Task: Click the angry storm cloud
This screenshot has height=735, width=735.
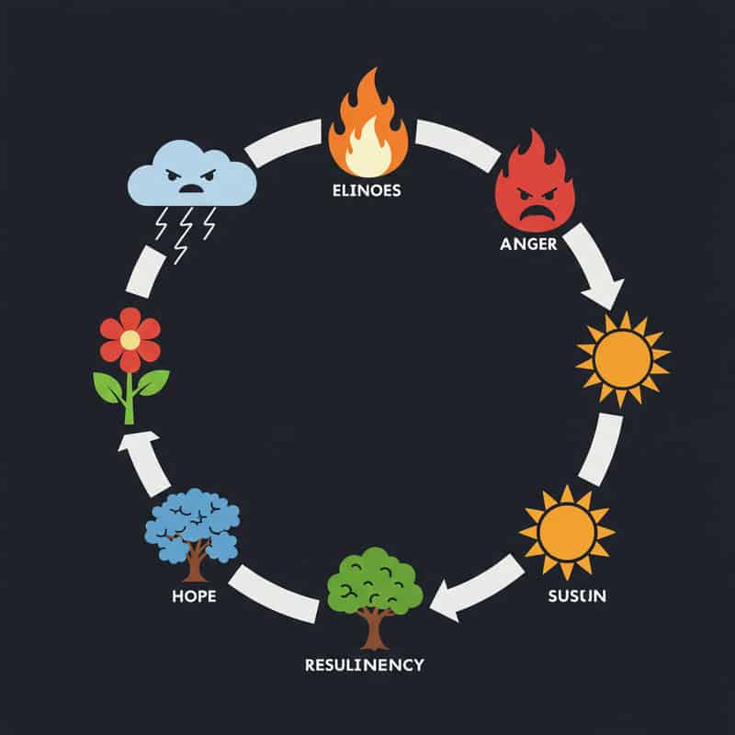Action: pyautogui.click(x=191, y=175)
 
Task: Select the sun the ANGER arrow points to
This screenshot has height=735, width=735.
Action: pyautogui.click(x=622, y=358)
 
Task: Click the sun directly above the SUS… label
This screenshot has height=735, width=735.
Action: pyautogui.click(x=566, y=532)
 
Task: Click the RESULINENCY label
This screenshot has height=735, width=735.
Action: pyautogui.click(x=366, y=663)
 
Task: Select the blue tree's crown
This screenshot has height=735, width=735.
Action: pyautogui.click(x=192, y=524)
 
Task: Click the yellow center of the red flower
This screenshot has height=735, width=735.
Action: pyautogui.click(x=130, y=340)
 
